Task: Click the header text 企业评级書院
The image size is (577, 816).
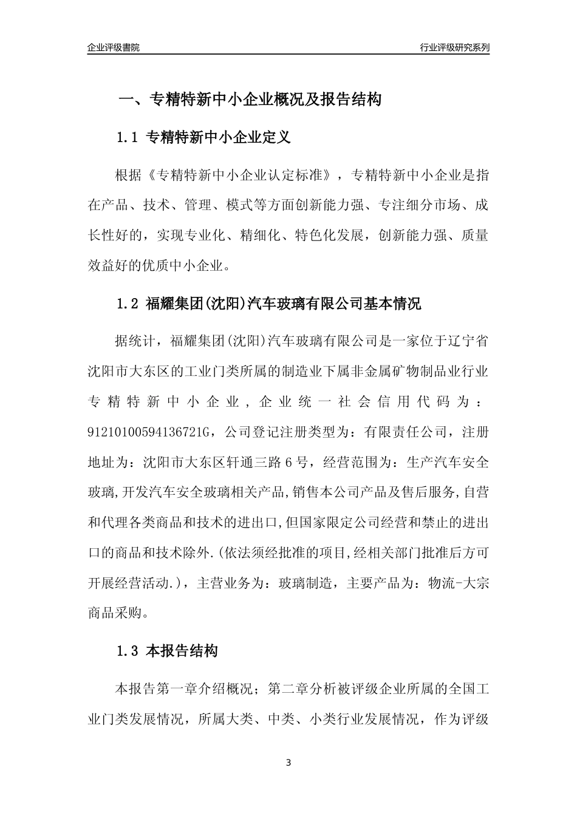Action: [x=113, y=47]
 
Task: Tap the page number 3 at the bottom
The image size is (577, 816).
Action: [x=288, y=763]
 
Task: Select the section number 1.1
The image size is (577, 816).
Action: [x=128, y=138]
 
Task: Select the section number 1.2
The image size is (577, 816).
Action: [x=128, y=304]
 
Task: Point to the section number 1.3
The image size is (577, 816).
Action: [x=128, y=652]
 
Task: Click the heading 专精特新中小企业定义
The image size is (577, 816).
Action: [x=219, y=138]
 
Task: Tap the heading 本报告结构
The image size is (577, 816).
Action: [x=182, y=652]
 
